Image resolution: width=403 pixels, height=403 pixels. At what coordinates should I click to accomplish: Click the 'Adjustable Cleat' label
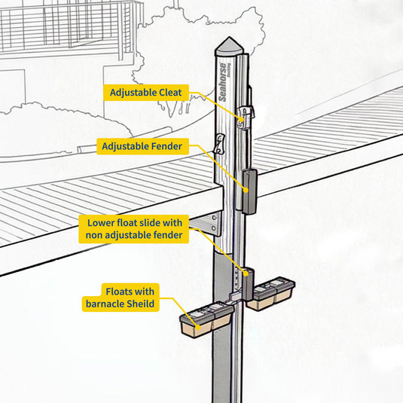click(146, 93)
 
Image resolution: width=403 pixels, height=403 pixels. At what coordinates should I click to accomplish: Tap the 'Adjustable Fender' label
click(142, 146)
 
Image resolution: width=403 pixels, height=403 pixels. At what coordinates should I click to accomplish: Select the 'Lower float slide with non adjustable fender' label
click(134, 229)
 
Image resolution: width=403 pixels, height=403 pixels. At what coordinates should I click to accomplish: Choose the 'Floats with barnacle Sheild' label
click(121, 298)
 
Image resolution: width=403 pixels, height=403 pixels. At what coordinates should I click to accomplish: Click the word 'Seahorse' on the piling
click(222, 82)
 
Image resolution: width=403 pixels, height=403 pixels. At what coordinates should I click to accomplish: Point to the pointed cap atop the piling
click(229, 47)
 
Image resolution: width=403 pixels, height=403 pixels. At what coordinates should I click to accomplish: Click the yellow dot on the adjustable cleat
click(242, 119)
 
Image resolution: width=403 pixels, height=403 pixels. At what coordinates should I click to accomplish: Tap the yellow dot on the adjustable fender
click(246, 190)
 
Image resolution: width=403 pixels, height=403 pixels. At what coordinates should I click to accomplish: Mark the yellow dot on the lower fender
click(246, 274)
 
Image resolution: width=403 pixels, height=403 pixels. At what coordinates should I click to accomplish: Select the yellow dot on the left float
click(198, 327)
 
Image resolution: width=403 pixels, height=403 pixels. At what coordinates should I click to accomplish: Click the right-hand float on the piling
click(270, 293)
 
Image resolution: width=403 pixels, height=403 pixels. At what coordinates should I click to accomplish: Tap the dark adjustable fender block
click(249, 191)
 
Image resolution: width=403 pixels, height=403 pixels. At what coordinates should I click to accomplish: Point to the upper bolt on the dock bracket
click(214, 217)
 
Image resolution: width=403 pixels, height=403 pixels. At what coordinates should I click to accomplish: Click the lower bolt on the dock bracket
click(213, 227)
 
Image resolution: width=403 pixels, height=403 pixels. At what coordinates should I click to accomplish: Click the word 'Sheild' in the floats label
click(141, 304)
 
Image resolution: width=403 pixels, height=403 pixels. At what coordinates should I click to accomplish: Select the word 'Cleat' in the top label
click(170, 93)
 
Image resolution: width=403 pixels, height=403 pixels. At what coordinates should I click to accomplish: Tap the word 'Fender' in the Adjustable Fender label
click(166, 146)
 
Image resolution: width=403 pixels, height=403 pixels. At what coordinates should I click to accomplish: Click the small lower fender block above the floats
click(249, 284)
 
